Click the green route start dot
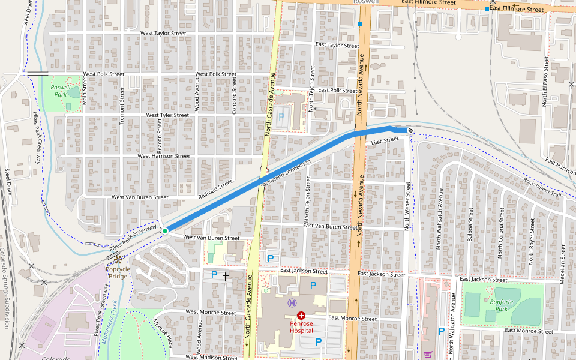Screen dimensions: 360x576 165,230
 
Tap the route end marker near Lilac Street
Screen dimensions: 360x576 410,130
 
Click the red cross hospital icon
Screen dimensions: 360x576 301,315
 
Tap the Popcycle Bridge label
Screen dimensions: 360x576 118,272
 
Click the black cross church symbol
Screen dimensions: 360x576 226,276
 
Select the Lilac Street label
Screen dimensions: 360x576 385,140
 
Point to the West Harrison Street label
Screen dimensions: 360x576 164,156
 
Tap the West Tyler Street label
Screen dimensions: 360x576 167,115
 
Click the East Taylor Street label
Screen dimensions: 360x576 337,45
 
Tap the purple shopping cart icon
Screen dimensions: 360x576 428,355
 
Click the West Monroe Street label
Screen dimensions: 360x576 211,312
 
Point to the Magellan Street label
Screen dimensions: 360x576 562,254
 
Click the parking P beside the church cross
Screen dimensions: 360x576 214,275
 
